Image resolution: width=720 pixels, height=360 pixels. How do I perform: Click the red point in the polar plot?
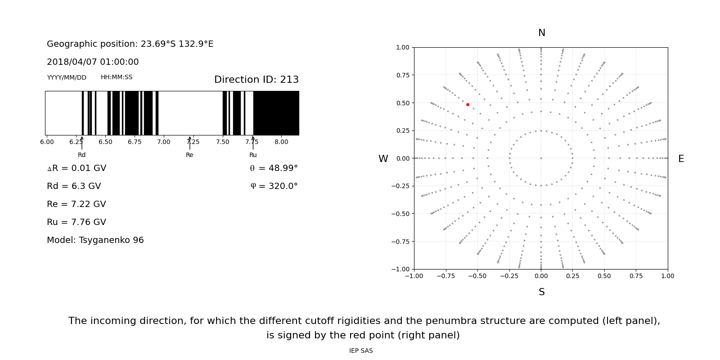coord(468,104)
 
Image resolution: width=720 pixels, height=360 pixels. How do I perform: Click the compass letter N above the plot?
coord(541,33)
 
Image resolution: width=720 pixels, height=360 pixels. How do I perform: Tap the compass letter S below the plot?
coord(541,292)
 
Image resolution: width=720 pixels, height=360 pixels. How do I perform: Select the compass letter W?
coord(383,159)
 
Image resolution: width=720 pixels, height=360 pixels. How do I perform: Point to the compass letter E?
coord(681,159)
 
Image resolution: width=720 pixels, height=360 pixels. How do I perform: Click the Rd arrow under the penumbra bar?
coord(82,143)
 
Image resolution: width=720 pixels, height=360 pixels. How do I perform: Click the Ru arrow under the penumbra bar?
coord(253,143)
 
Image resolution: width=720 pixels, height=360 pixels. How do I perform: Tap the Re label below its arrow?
coord(189,155)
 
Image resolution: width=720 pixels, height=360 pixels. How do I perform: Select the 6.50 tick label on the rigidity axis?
coord(105,142)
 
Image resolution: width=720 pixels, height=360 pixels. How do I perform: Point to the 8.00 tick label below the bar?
coord(281,142)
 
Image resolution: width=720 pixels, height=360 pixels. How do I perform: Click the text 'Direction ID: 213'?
coord(256,80)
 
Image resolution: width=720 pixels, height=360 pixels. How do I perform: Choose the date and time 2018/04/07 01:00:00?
coord(93,62)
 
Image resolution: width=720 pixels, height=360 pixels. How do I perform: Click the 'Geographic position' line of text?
coord(130,44)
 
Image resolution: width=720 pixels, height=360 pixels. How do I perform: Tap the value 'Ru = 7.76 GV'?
coord(76,222)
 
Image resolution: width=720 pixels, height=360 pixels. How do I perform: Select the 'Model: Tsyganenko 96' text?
coord(95,240)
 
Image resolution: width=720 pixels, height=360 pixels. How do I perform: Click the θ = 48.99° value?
coord(274,168)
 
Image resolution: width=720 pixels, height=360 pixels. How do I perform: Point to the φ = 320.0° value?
coord(274,186)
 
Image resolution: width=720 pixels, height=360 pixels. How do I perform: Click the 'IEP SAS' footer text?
coord(361,351)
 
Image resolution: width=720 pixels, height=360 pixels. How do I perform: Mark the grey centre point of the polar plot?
coord(541,158)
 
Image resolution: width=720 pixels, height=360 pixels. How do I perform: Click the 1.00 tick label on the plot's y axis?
coord(402,47)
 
